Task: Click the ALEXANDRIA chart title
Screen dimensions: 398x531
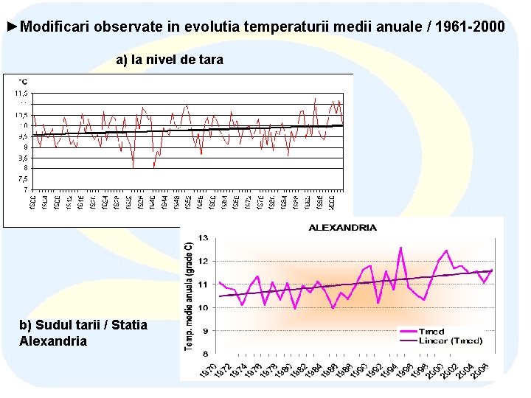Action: [x=342, y=228]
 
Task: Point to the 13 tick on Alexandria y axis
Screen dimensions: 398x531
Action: [x=201, y=237]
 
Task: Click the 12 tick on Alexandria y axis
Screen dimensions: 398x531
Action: [x=201, y=261]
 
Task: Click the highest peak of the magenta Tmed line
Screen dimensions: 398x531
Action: [x=400, y=248]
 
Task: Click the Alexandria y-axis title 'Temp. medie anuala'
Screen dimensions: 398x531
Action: [x=189, y=295]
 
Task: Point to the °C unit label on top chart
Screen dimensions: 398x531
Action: [x=23, y=81]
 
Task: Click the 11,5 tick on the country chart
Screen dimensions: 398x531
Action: [x=21, y=94]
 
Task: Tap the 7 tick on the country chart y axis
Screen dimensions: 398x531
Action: [x=26, y=189]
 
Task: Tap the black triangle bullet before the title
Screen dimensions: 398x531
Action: [x=11, y=27]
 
